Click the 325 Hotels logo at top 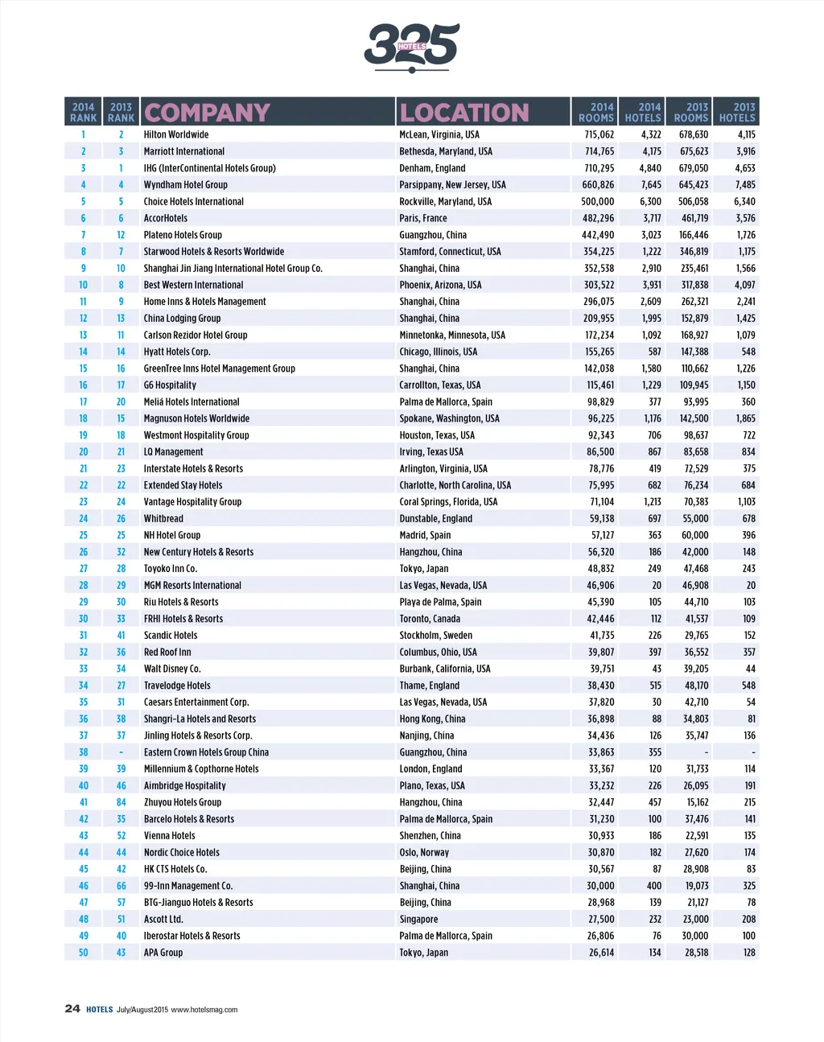pos(411,46)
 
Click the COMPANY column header pos(207,113)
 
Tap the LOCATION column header pos(464,113)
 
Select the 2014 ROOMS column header pos(596,112)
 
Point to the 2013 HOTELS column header pos(737,112)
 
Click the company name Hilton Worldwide pos(176,135)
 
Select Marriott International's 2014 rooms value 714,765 pos(599,151)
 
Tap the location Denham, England pos(432,168)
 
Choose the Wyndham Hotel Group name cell pos(185,185)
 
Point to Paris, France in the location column pos(423,218)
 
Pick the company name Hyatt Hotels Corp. pos(177,352)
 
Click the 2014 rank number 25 pos(83,535)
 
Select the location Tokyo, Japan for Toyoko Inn pos(424,569)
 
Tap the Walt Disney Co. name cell pos(172,669)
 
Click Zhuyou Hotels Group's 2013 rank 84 pos(121,802)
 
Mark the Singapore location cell pos(418,919)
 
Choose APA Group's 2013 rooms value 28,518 pos(696,953)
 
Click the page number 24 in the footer pos(72,1009)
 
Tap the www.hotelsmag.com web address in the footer pos(204,1010)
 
